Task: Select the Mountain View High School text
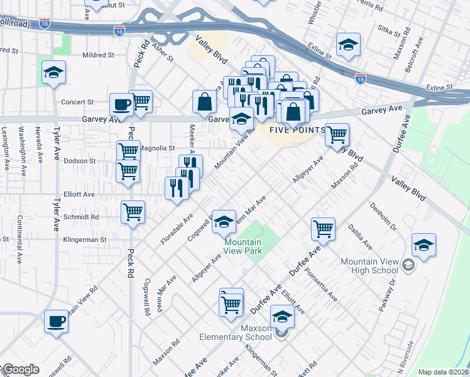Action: tap(369, 266)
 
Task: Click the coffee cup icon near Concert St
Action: tap(121, 104)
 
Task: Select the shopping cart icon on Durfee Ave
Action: tap(323, 229)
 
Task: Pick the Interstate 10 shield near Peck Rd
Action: tap(119, 30)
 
